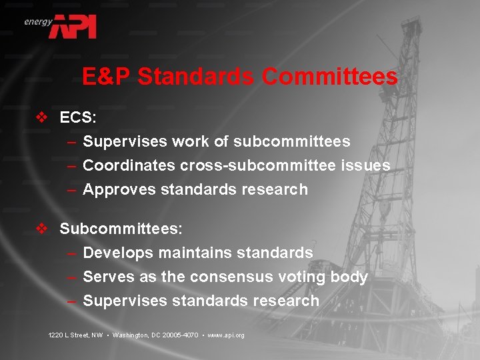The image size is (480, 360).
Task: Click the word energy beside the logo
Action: coord(38,22)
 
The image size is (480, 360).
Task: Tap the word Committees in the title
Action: coord(329,77)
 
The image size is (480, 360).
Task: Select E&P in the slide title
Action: coord(106,77)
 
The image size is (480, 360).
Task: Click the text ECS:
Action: coord(78,118)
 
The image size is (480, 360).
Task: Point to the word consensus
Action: coord(220,277)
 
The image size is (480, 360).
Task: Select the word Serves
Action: coord(108,277)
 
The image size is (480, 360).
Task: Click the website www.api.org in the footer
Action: coord(226,335)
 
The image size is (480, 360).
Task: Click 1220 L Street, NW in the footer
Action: coord(75,335)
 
